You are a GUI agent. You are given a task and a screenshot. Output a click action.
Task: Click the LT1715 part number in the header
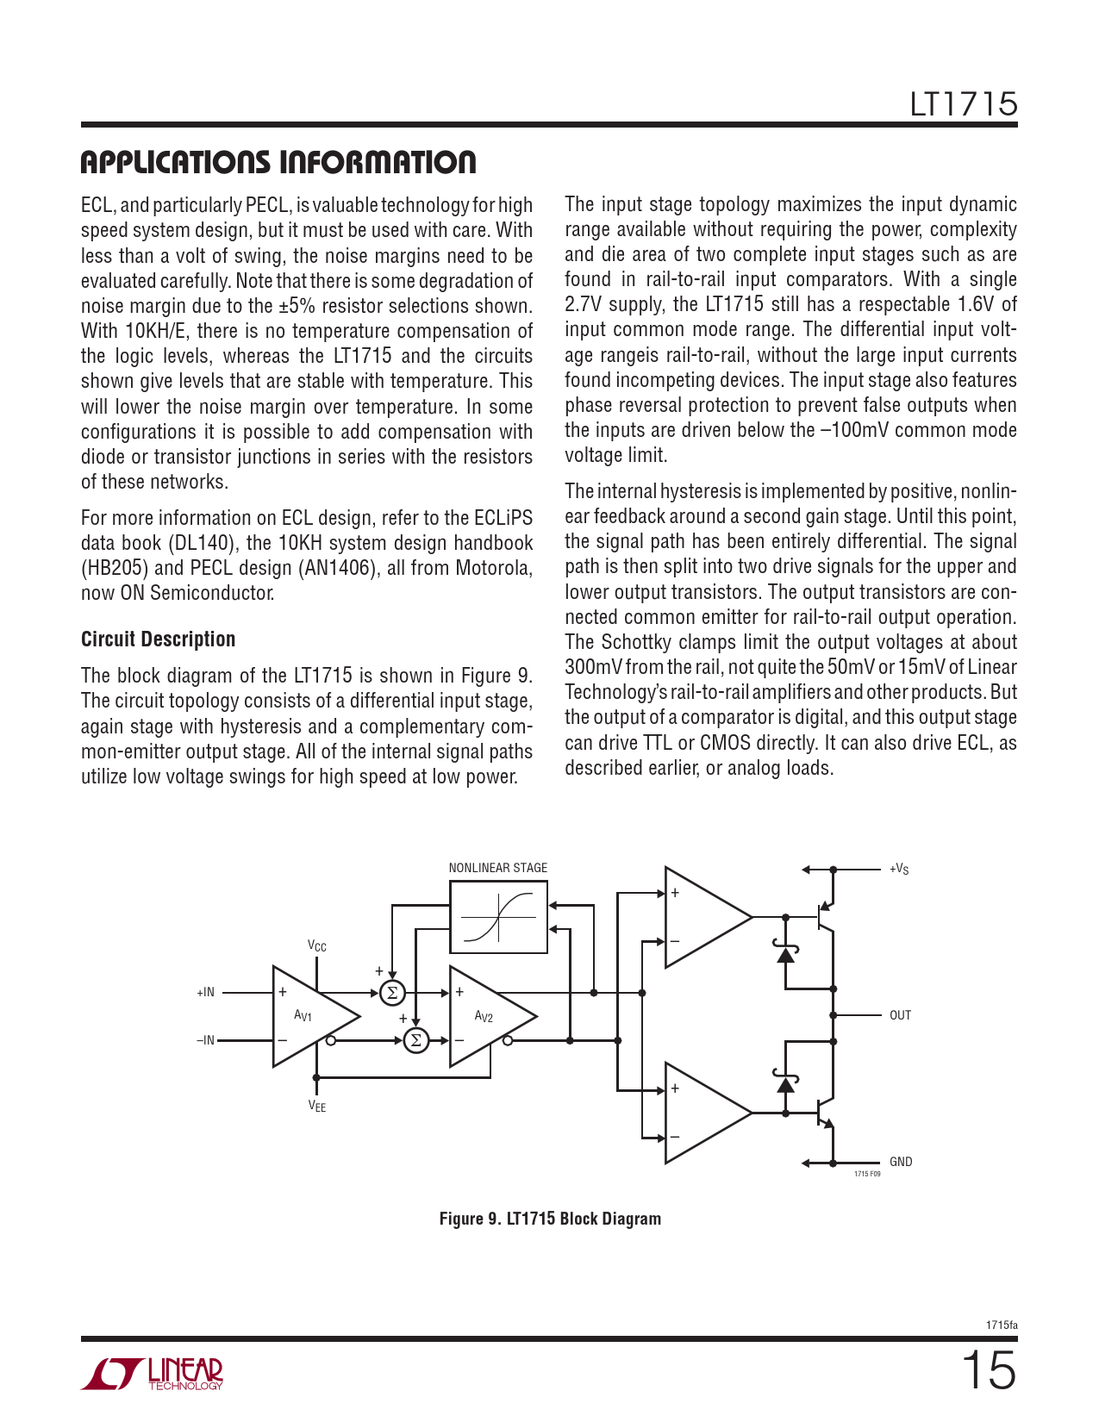coord(963,104)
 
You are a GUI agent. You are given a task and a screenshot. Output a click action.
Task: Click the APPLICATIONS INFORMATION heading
coord(278,162)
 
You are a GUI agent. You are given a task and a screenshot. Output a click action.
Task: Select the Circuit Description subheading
coord(158,639)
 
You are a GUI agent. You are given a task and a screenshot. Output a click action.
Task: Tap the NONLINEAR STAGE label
coord(497,868)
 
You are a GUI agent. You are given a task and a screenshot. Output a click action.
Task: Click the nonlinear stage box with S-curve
coord(498,917)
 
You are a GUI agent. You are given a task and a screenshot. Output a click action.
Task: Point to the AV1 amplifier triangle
coord(310,1016)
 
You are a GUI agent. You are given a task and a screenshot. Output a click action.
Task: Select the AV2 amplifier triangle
coord(488,1017)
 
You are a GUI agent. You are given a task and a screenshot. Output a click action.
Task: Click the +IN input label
coord(205,993)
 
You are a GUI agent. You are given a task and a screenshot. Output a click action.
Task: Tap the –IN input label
coord(205,1041)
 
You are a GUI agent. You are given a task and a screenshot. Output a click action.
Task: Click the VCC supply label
coord(317,946)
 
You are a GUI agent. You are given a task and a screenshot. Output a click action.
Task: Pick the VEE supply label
coord(317,1107)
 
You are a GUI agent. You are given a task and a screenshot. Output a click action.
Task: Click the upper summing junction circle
coord(392,993)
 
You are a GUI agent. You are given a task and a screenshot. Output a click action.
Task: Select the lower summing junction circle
coord(416,1041)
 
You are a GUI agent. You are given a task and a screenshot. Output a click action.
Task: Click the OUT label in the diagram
coord(900,1015)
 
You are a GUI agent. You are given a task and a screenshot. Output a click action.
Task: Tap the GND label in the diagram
coord(901,1162)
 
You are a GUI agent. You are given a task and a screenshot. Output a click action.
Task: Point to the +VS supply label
coord(899,869)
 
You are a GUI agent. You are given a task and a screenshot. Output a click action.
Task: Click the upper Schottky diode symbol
coord(785,953)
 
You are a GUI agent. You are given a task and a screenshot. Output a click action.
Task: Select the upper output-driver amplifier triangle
coord(702,917)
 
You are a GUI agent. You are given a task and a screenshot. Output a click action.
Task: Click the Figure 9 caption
coord(550,1219)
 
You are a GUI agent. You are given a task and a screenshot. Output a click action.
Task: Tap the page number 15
coord(989,1370)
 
